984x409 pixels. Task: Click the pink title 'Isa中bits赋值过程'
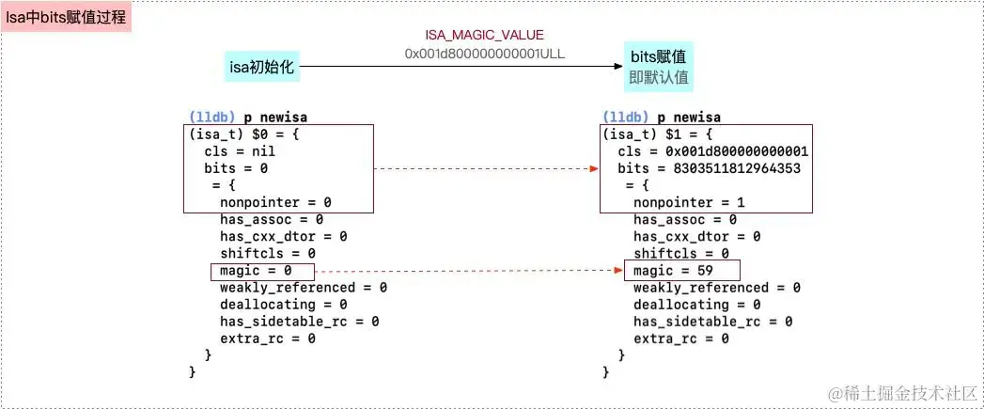coord(67,18)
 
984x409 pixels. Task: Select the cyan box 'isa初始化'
coord(262,67)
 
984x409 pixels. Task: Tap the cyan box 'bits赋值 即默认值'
coord(657,66)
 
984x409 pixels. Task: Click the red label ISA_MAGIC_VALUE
coord(485,35)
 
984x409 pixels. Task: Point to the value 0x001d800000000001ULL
coord(485,54)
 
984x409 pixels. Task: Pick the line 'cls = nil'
coord(236,151)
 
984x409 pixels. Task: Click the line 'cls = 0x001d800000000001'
coord(713,151)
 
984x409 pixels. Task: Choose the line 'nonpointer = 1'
coord(689,202)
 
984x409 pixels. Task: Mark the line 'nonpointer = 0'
coord(275,202)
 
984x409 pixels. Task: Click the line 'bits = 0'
coord(236,168)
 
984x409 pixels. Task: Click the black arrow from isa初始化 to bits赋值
coord(461,67)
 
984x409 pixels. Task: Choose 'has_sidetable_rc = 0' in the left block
coord(299,322)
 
